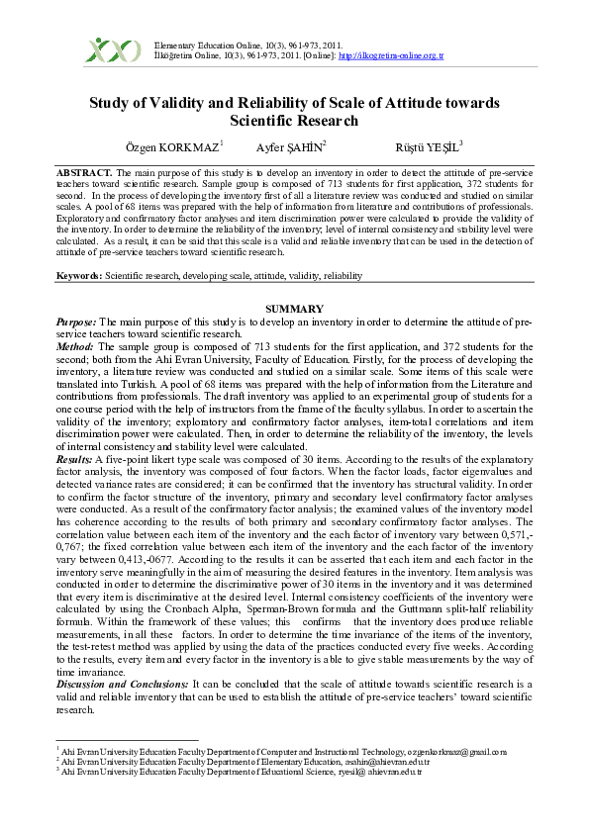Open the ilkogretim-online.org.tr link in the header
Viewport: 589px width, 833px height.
coord(390,55)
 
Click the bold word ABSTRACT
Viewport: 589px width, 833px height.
coord(84,172)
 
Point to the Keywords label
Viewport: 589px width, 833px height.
coord(78,275)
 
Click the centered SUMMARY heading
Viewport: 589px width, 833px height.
coord(294,310)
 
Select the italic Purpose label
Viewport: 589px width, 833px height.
coord(76,323)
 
